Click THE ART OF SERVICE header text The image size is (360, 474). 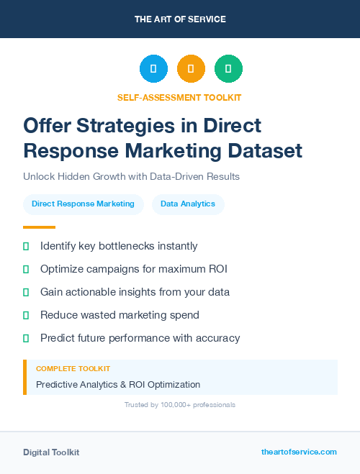(179, 19)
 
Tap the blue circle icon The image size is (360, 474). (153, 69)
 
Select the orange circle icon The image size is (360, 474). (191, 69)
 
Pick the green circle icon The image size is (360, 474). (228, 69)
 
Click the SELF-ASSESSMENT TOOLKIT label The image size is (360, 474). (179, 97)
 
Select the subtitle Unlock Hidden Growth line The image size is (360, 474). (131, 176)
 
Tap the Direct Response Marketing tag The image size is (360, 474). (83, 204)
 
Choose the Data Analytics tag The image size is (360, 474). (188, 204)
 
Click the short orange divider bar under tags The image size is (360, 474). (34, 227)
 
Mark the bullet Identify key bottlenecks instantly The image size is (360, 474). (119, 246)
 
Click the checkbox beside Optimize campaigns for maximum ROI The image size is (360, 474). (26, 269)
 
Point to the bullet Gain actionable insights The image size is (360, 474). (135, 292)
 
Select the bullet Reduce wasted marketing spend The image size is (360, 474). (120, 315)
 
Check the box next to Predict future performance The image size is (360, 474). (26, 338)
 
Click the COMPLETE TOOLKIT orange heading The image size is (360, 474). (73, 368)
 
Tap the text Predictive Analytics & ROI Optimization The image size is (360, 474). (118, 385)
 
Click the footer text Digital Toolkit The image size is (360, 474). (51, 452)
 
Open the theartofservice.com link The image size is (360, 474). (299, 452)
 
